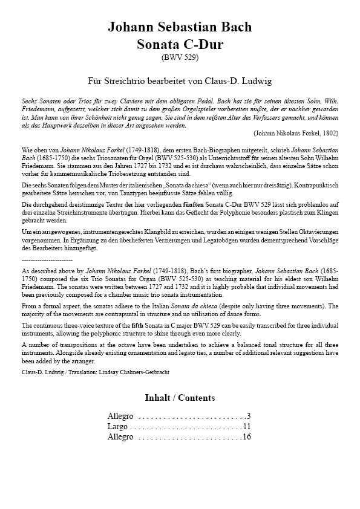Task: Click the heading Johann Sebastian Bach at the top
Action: (x=180, y=27)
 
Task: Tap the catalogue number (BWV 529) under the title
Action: (x=180, y=57)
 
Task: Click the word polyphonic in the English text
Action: (x=166, y=334)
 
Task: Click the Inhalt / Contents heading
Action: (x=180, y=398)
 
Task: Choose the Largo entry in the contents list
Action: (x=117, y=427)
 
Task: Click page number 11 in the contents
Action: (x=247, y=427)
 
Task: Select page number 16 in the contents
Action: (x=247, y=437)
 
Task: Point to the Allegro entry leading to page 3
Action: (x=120, y=417)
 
